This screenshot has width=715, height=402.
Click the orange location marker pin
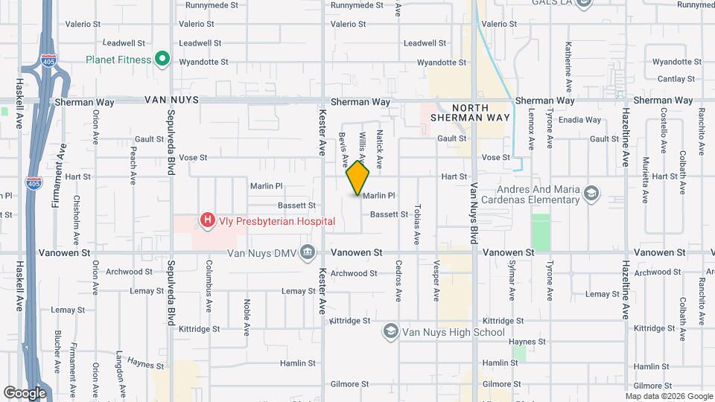pos(358,178)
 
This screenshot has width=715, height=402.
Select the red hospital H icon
pos(208,220)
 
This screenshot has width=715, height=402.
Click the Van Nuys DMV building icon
pos(307,252)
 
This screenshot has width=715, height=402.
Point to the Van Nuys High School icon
pos(390,331)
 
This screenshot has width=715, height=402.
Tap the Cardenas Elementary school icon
pos(591,194)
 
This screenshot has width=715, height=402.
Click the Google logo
pos(25,392)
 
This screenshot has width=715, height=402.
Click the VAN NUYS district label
pos(172,100)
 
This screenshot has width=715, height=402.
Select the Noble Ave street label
pos(246,318)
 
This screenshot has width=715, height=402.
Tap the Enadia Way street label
pos(580,120)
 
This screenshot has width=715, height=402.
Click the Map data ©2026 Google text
pos(669,396)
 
